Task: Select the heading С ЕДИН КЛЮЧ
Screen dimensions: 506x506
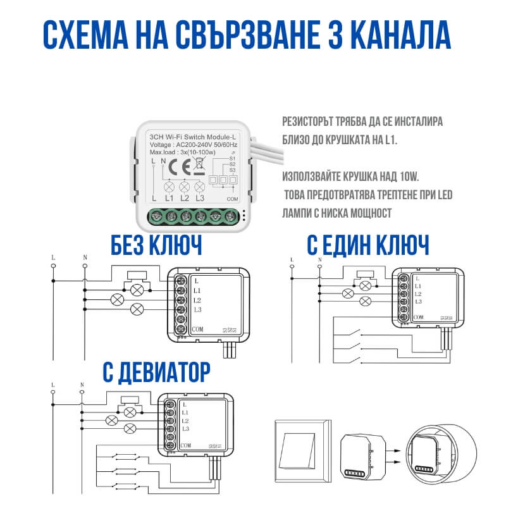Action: point(368,244)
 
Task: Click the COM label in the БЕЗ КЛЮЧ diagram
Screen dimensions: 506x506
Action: point(197,329)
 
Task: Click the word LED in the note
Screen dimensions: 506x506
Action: point(445,194)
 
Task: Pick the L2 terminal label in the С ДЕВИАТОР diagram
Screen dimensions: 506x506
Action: point(185,421)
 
